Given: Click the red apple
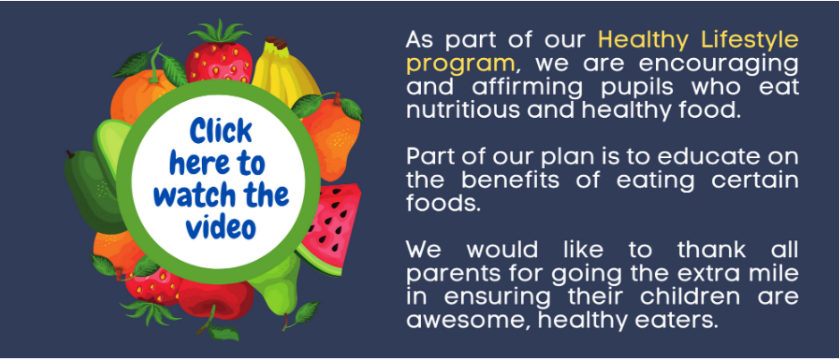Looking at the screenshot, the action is pos(216,299).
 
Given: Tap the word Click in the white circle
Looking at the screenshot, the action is pos(221,131).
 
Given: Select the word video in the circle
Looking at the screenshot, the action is pos(222,227).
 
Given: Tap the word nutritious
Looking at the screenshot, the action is pos(462,110).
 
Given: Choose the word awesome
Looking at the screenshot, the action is pos(467,321).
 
